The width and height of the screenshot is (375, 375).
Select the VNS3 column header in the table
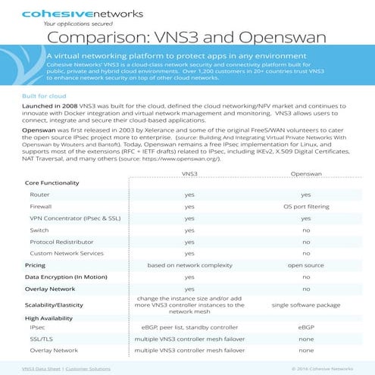click(189, 173)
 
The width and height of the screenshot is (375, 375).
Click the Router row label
click(39, 195)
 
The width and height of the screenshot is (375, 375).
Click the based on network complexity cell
click(189, 265)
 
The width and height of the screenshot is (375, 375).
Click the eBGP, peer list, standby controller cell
click(189, 327)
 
